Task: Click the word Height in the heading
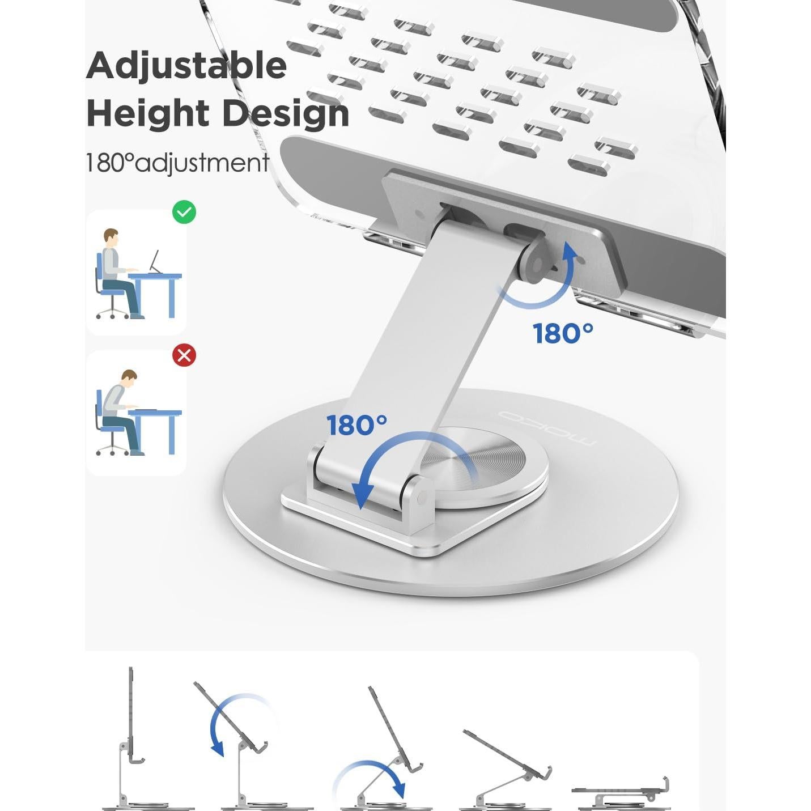tap(148, 113)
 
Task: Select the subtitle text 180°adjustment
tap(177, 163)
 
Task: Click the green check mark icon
tap(184, 213)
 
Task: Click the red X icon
tap(184, 355)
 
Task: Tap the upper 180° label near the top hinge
tap(563, 334)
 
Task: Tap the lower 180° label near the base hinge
tap(356, 425)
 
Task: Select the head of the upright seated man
tap(111, 237)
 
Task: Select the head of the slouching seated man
tap(129, 378)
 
